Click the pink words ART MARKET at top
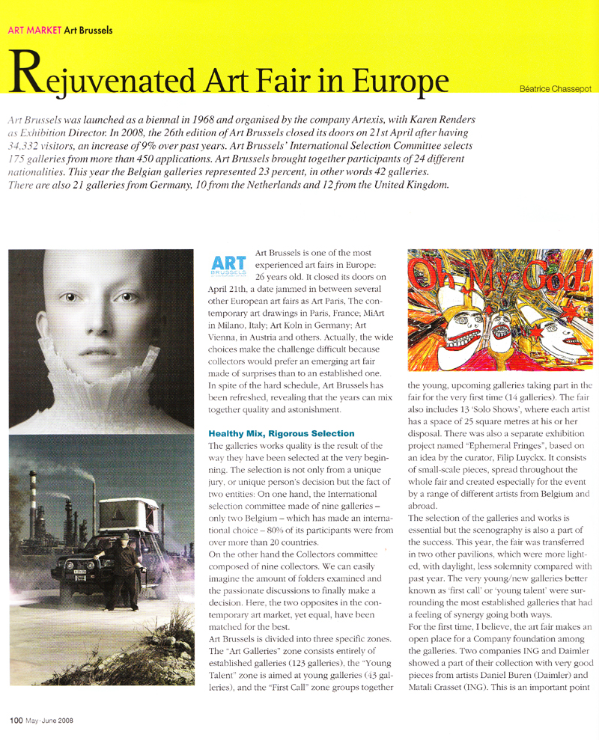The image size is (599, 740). pos(33,31)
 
